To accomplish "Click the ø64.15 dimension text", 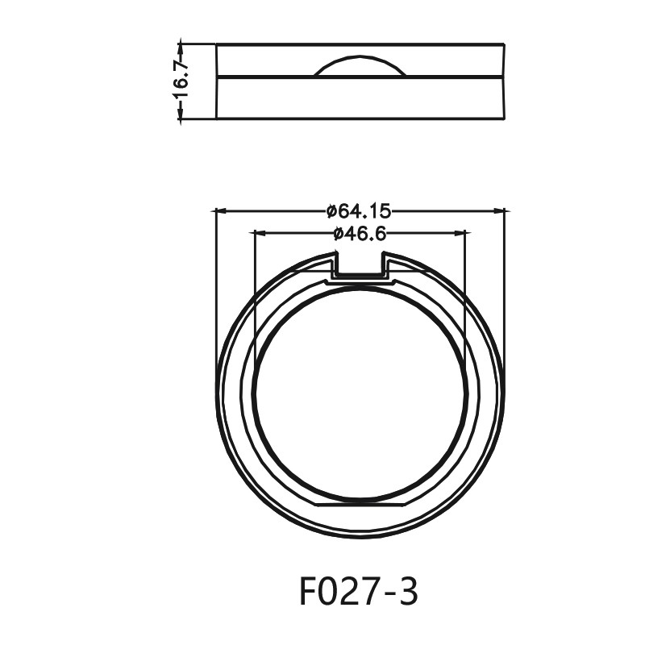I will coord(359,211).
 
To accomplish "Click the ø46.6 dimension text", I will coord(360,234).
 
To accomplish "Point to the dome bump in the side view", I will coord(360,67).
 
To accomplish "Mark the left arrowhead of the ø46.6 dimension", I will coord(258,234).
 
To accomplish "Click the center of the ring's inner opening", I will coord(360,393).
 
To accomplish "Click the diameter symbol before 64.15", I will coord(331,211).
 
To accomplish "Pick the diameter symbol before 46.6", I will coord(338,234).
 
